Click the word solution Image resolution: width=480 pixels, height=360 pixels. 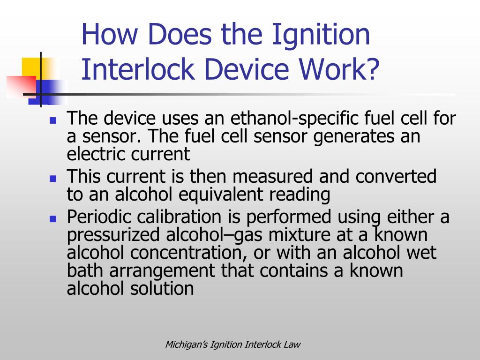(x=163, y=288)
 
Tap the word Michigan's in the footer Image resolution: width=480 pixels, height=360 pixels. (x=186, y=345)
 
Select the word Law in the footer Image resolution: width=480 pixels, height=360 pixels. (x=292, y=345)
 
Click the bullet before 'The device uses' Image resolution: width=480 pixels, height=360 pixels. (x=53, y=120)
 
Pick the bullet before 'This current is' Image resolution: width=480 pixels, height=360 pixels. (x=53, y=178)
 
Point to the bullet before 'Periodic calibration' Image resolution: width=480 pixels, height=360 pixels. (x=53, y=218)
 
